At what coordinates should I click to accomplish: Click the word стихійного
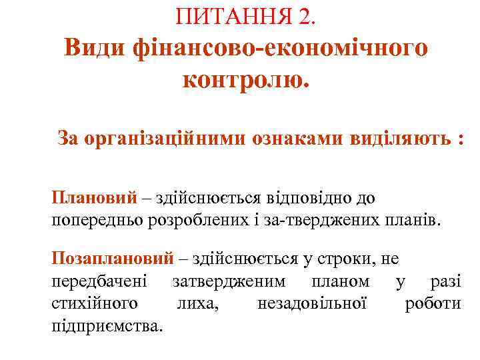click(x=95, y=303)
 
